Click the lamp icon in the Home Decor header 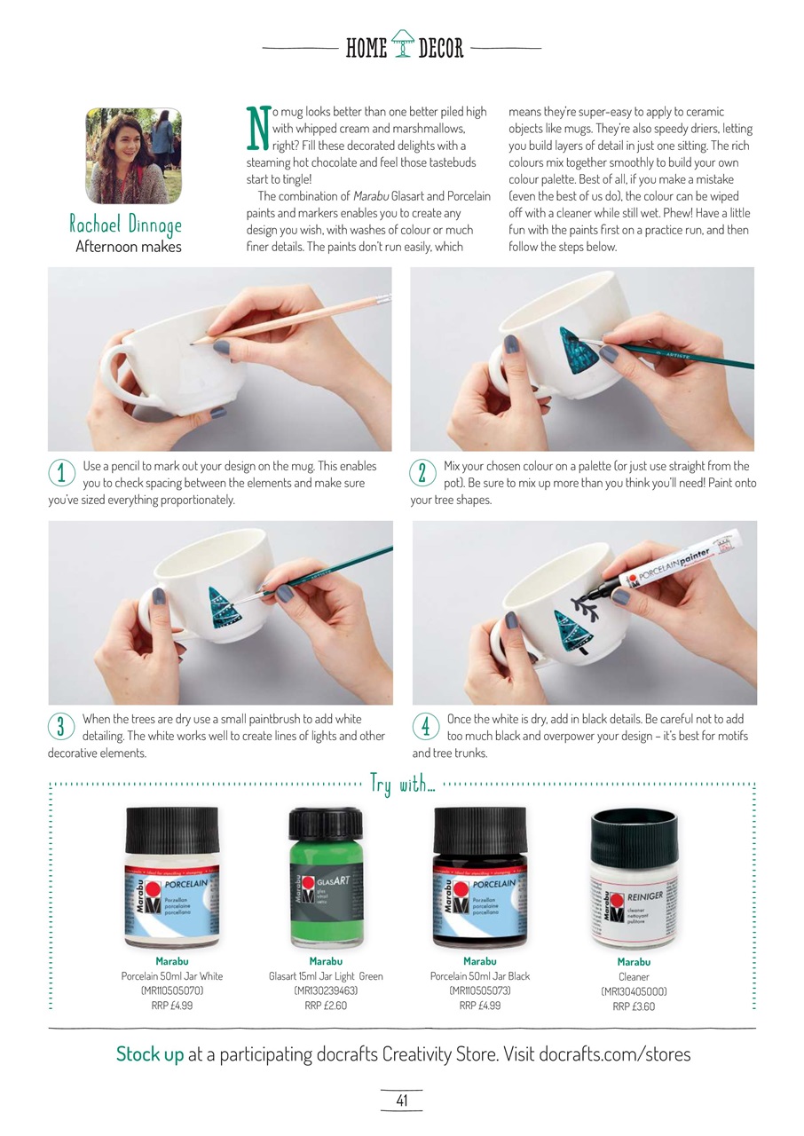pos(402,43)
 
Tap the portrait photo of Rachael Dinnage pos(133,156)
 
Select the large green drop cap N pos(256,128)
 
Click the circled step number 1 pos(60,474)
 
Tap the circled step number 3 pos(60,727)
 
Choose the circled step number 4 pos(425,727)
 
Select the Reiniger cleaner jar pos(634,880)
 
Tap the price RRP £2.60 pos(326,1006)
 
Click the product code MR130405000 pos(634,991)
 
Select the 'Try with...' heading pos(402,785)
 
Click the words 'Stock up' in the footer pos(150,1054)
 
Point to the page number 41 pos(401,1100)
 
